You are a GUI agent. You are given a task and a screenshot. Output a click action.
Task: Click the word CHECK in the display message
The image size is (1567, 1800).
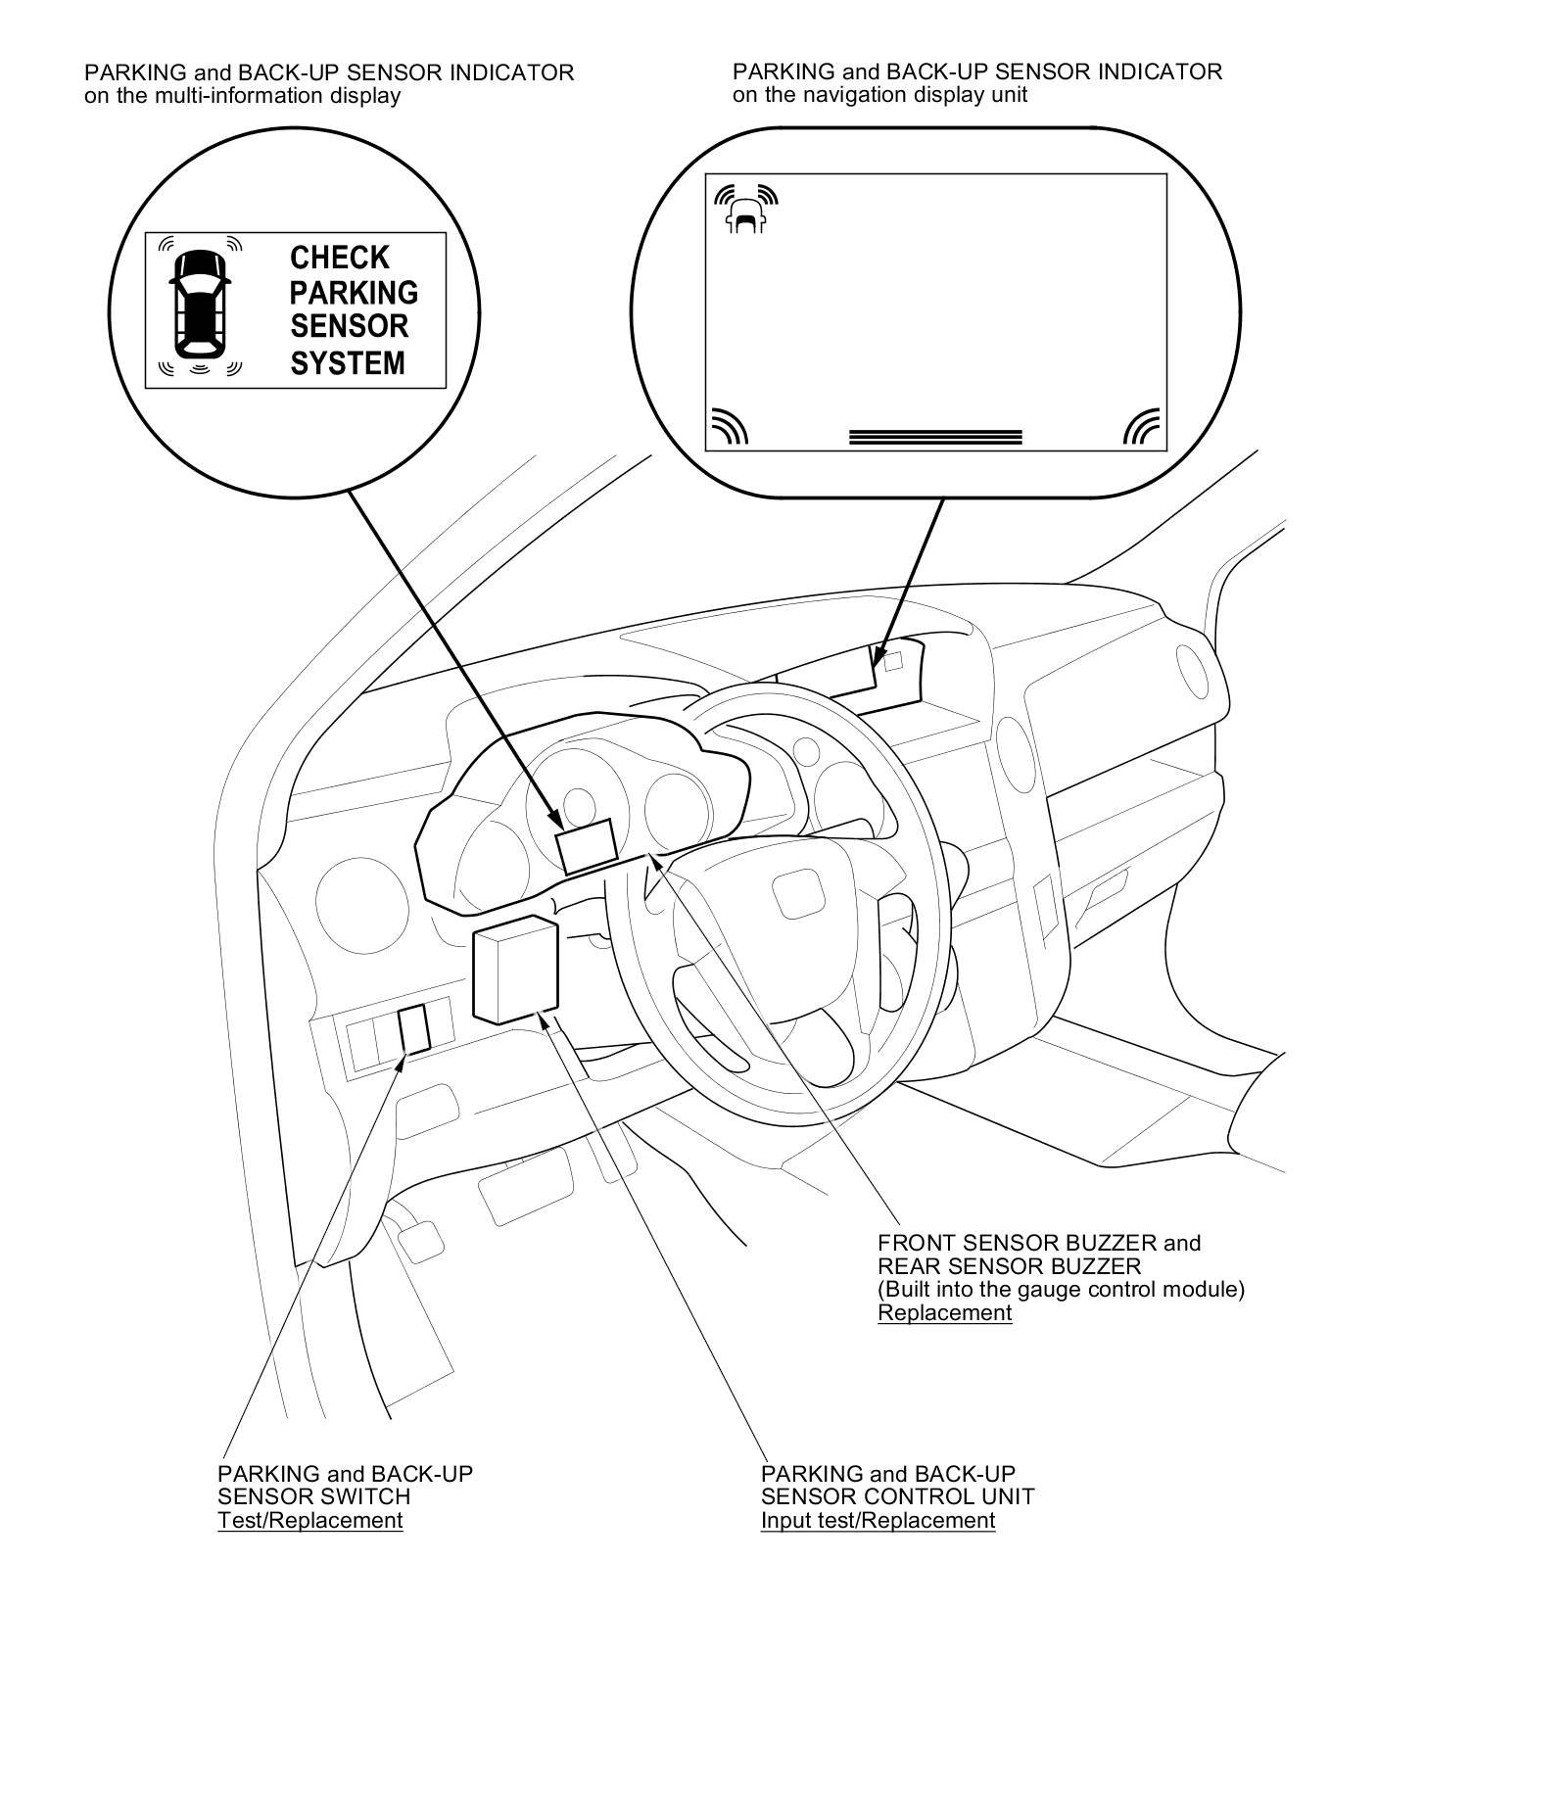tap(339, 258)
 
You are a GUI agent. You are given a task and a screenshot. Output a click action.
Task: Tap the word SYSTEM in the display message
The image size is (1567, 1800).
tap(348, 363)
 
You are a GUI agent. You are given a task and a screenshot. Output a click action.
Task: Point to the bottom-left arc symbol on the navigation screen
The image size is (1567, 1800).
tap(730, 427)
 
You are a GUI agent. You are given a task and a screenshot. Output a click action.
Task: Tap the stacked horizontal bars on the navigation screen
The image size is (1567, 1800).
tap(935, 437)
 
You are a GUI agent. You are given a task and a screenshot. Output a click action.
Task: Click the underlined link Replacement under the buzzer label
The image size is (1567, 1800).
tap(944, 1314)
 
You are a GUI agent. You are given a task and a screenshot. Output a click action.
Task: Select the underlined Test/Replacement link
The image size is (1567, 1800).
tap(310, 1520)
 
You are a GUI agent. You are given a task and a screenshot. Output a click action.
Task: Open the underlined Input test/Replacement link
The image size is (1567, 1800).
tap(878, 1520)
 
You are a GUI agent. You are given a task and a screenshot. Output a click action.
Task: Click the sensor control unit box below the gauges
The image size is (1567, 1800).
tap(515, 970)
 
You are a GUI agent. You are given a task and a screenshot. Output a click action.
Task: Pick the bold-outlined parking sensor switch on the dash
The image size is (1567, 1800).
tap(414, 1030)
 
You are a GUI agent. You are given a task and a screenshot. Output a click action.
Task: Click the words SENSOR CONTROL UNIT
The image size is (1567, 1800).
tap(897, 1496)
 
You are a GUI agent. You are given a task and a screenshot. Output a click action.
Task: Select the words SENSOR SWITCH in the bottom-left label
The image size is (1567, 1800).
tap(313, 1496)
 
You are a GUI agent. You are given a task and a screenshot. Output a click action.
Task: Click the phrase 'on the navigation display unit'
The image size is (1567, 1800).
tap(879, 95)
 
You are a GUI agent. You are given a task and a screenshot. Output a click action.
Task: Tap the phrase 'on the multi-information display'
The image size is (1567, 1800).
tap(243, 96)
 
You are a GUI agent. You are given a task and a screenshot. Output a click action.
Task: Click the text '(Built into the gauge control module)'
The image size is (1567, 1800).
tap(1061, 1289)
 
